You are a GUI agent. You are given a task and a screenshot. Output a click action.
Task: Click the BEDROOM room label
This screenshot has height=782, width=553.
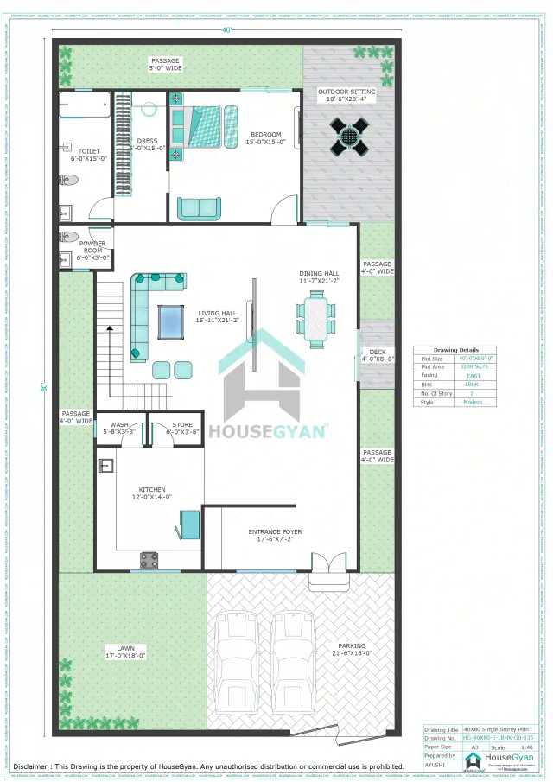click(x=266, y=135)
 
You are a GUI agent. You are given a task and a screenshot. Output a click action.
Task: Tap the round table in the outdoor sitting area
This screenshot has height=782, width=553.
click(x=350, y=136)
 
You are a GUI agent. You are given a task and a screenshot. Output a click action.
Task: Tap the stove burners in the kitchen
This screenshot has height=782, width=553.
click(x=149, y=560)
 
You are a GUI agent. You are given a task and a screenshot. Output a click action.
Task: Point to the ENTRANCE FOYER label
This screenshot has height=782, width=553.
click(x=275, y=532)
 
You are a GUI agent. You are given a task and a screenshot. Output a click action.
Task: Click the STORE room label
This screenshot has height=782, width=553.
click(x=182, y=425)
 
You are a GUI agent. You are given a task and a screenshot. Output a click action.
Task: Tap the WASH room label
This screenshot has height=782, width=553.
click(x=120, y=425)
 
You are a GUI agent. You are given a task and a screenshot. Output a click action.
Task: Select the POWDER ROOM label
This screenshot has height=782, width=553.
click(x=92, y=247)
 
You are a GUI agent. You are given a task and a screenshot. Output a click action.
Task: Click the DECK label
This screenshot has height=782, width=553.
click(x=378, y=352)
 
